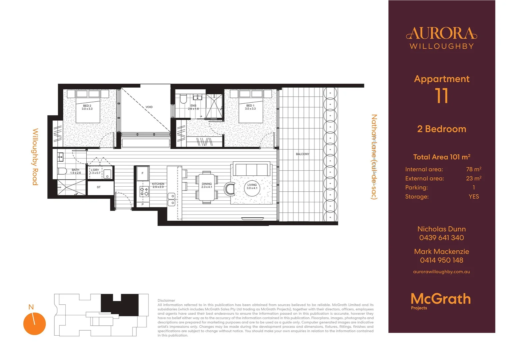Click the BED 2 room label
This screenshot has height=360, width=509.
tap(87, 107)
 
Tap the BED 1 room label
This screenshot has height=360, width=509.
tap(250, 107)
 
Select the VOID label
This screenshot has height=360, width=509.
tap(149, 107)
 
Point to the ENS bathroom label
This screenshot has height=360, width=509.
tap(193, 107)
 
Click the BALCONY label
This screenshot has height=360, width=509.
tap(302, 154)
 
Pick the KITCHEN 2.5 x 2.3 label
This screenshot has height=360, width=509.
tap(158, 185)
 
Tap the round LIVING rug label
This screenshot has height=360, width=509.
tap(252, 186)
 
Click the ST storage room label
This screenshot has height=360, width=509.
tap(99, 187)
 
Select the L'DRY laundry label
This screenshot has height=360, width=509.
tap(95, 171)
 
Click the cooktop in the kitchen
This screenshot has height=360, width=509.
tap(144, 191)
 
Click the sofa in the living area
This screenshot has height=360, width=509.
tap(252, 169)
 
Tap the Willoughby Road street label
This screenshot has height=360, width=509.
tap(35, 157)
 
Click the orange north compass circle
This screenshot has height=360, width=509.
tap(34, 324)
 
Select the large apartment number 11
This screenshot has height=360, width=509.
tap(441, 96)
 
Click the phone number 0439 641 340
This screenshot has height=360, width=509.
tap(441, 238)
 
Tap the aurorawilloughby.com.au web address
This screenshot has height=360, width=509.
tap(441, 272)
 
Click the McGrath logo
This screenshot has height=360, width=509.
tap(440, 299)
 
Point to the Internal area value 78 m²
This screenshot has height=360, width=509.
tap(473, 169)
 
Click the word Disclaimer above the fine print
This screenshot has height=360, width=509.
tap(166, 300)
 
